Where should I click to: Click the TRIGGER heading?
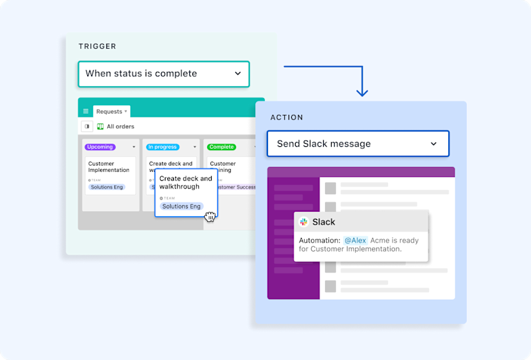(97, 46)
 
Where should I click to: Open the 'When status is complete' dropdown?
(164, 74)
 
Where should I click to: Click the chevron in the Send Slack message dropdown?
(434, 144)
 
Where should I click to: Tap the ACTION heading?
(287, 117)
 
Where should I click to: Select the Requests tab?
(111, 112)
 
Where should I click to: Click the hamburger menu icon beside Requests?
(86, 112)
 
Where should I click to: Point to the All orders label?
(121, 127)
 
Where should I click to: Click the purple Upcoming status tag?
(100, 147)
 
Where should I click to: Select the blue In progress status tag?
(163, 147)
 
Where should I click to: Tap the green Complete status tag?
(221, 147)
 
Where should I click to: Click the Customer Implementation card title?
(108, 167)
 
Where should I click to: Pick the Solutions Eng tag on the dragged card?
(181, 207)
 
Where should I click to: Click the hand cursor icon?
(210, 216)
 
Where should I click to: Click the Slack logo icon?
(304, 222)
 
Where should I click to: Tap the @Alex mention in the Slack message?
(355, 241)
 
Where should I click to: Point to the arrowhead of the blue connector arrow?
(362, 93)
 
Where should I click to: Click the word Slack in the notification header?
(324, 222)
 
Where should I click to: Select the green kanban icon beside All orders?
(100, 127)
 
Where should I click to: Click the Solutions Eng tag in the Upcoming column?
(107, 187)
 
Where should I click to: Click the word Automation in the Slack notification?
(319, 241)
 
